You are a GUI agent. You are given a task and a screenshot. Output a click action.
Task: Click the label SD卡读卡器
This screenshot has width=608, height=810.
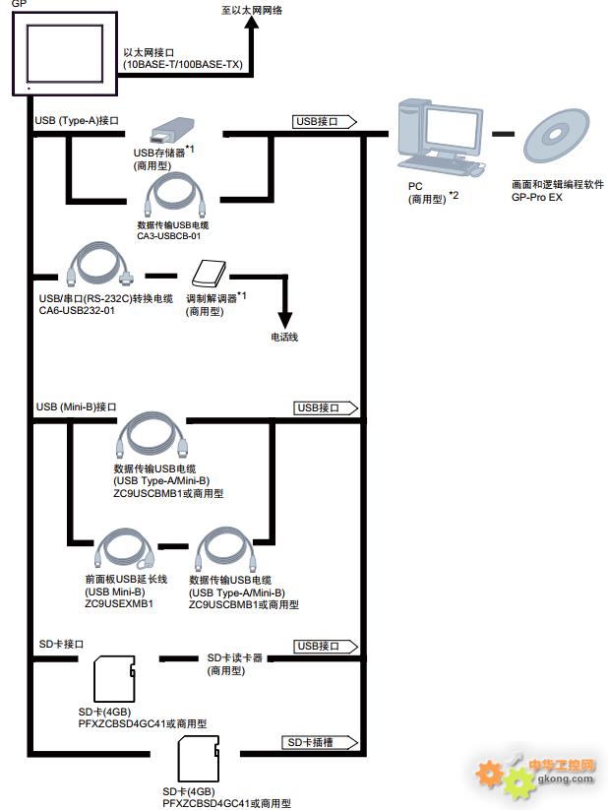tap(234, 657)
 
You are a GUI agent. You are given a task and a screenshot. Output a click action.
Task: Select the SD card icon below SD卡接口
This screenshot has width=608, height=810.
tap(112, 680)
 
